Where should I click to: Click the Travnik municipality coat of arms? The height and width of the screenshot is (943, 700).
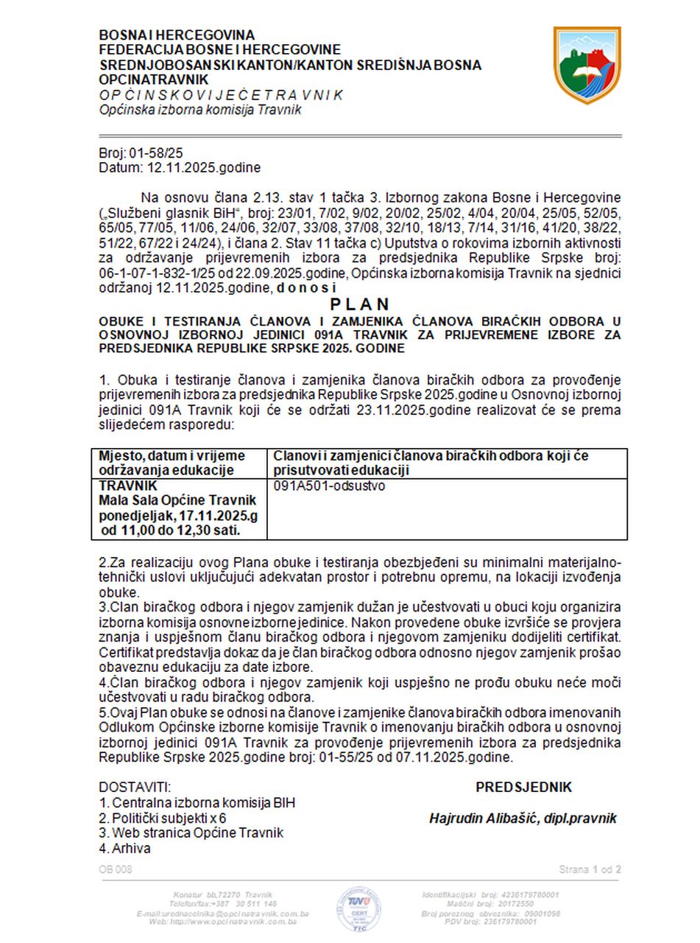pyautogui.click(x=587, y=65)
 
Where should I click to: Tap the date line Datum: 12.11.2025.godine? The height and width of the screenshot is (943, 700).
pyautogui.click(x=180, y=168)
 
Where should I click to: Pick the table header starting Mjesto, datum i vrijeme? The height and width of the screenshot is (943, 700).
pyautogui.click(x=172, y=463)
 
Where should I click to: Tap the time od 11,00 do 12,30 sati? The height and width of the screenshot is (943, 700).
pyautogui.click(x=172, y=530)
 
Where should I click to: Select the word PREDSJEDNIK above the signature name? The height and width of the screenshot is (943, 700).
pyautogui.click(x=523, y=788)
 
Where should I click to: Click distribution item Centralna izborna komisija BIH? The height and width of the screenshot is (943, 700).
pyautogui.click(x=197, y=803)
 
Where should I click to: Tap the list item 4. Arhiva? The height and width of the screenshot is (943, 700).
pyautogui.click(x=125, y=848)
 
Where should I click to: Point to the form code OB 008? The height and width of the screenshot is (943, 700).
pyautogui.click(x=116, y=870)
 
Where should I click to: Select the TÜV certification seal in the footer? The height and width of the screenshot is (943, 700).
pyautogui.click(x=358, y=908)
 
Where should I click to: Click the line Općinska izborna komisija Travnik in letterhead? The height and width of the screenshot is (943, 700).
pyautogui.click(x=200, y=110)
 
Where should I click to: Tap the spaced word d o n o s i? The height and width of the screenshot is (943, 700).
pyautogui.click(x=307, y=289)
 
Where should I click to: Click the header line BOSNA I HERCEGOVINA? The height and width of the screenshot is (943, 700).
pyautogui.click(x=177, y=35)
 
